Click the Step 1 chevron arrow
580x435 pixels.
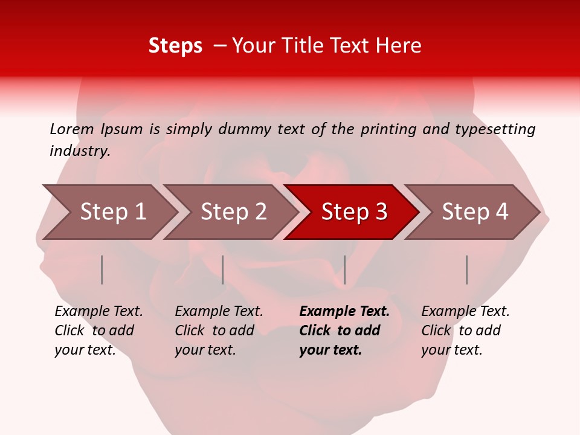[x=112, y=212]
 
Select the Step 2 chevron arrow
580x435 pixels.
[x=233, y=212]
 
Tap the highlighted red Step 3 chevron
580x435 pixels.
[x=353, y=212]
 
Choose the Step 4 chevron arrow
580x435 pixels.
[x=474, y=212]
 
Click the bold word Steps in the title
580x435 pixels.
[x=175, y=46]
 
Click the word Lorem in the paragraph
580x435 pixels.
[x=71, y=129]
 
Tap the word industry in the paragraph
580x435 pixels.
[x=80, y=151]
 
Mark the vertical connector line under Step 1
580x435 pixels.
[x=102, y=269]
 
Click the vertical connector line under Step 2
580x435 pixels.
[x=223, y=269]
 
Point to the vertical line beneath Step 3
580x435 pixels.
[x=344, y=269]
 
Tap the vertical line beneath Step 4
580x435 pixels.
[x=466, y=269]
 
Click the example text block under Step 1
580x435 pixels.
[x=98, y=330]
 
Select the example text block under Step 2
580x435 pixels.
[x=219, y=330]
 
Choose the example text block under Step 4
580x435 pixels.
[x=465, y=330]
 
